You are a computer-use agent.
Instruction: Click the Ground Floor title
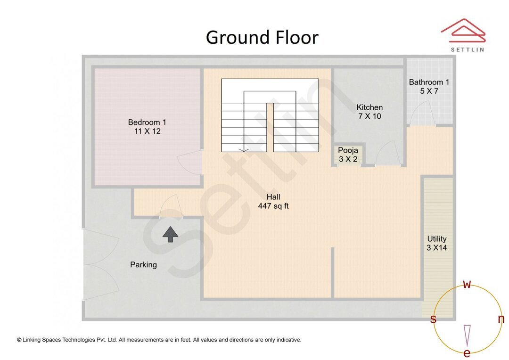click(262, 38)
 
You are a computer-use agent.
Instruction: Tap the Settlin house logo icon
click(463, 31)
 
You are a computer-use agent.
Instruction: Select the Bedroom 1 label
click(147, 123)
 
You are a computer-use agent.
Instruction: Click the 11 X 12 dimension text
click(147, 131)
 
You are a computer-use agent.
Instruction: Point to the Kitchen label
click(369, 107)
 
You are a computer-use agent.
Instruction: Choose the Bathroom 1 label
click(429, 82)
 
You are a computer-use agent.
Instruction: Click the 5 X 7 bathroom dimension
click(429, 91)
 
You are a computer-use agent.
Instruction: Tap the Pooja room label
click(348, 151)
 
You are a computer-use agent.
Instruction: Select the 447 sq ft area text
click(273, 206)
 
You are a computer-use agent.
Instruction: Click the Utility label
click(436, 239)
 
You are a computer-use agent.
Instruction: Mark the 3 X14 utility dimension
click(436, 247)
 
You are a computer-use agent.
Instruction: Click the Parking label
click(143, 265)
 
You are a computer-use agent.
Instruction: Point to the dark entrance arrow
click(170, 234)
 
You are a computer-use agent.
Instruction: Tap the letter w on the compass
click(467, 284)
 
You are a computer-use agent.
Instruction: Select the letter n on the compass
click(501, 319)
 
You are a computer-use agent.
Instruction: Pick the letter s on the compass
click(433, 319)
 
